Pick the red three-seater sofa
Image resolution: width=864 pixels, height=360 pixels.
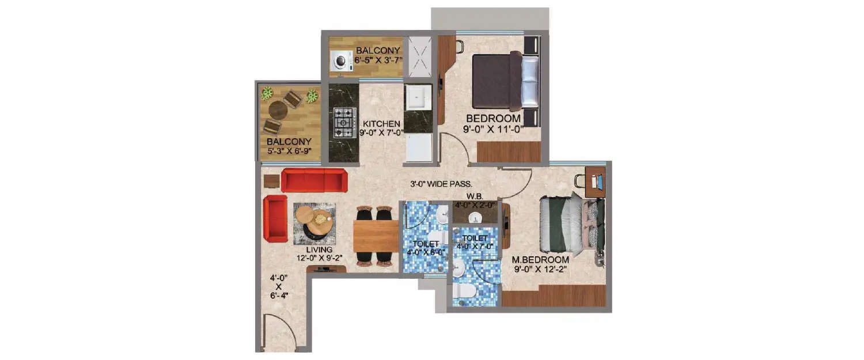click(x=314, y=180)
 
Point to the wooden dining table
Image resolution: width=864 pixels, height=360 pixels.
click(x=376, y=237)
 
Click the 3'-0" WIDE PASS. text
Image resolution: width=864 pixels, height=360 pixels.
click(x=441, y=185)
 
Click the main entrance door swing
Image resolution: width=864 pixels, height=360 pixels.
click(x=276, y=331)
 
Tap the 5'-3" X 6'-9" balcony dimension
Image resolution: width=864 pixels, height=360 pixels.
click(x=289, y=151)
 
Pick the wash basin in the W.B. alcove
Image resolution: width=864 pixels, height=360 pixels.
click(x=476, y=216)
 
